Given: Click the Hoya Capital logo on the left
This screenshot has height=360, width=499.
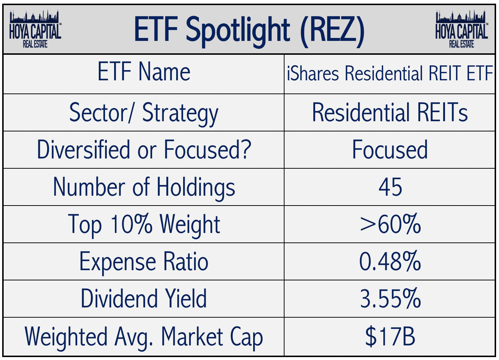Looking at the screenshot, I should (35, 29).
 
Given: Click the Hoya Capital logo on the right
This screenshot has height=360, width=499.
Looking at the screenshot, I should (461, 29).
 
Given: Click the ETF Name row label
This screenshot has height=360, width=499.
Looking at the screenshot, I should (144, 72).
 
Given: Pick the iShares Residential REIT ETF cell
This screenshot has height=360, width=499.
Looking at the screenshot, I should (390, 73).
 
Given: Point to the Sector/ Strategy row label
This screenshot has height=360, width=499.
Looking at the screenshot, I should (144, 113).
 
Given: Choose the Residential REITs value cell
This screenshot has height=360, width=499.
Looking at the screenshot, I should (390, 112).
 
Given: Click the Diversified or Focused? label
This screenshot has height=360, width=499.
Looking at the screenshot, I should (144, 150).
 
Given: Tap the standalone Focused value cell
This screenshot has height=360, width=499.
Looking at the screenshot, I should (390, 150).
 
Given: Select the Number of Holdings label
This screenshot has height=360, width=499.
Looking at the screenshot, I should (144, 187).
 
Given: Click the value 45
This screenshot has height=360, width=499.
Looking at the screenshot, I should (390, 187).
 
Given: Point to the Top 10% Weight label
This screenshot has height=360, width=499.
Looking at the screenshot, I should (144, 224).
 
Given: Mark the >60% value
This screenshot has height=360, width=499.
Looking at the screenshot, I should (390, 224).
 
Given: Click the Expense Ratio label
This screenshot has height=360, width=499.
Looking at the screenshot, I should (144, 262).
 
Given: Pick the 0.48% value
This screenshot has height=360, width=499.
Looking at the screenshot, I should (390, 262).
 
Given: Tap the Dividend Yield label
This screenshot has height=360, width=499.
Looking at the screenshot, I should (144, 299).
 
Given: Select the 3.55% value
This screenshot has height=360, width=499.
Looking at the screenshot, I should (390, 299).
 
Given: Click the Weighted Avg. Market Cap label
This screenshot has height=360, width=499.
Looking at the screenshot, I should (144, 337).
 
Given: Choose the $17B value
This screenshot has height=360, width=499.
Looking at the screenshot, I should (390, 337).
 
